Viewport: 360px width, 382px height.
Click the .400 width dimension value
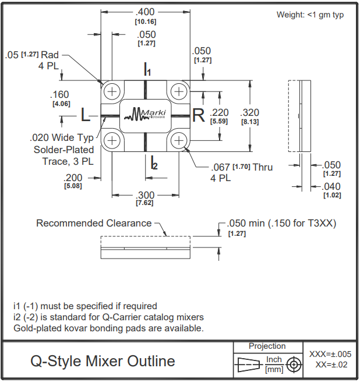[145, 12]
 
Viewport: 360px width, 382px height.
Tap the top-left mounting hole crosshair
[112, 92]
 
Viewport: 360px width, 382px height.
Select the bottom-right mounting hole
[179, 140]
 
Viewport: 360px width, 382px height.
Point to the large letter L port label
[85, 115]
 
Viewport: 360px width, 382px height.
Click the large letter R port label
[199, 115]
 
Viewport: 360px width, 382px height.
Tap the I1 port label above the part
[147, 69]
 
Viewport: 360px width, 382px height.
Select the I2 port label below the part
[154, 162]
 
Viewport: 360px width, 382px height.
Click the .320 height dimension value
[249, 112]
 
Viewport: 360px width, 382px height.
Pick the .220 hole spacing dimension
[219, 112]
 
